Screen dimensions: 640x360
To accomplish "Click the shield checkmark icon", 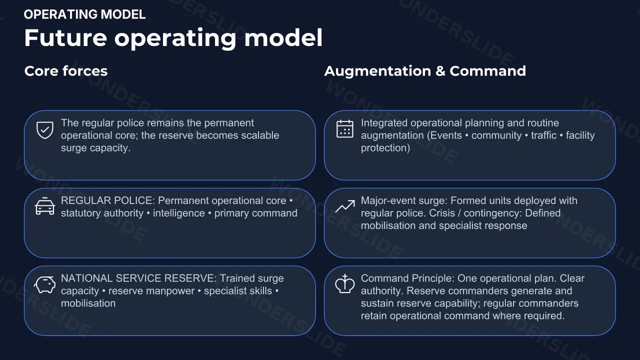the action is coord(45,130).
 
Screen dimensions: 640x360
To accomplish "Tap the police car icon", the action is coord(45,206).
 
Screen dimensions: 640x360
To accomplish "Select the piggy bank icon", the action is coord(45,284).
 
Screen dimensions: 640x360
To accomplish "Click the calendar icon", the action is coord(345,129).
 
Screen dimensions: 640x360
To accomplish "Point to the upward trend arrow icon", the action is coord(345,206).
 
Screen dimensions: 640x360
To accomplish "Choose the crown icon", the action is coord(345,283).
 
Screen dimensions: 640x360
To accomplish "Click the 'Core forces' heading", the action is coord(66,71).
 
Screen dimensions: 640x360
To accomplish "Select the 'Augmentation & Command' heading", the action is coord(425,71).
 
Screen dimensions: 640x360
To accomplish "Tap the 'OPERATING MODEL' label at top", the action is coord(85,14).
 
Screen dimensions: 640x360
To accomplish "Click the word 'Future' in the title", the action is coord(65,38).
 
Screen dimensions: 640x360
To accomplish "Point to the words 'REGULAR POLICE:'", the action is coord(108,200).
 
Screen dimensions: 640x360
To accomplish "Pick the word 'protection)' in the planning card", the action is coord(385,148).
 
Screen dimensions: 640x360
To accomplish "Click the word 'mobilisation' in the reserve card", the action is coord(88,303).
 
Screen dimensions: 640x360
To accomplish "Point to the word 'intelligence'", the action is coord(179,213).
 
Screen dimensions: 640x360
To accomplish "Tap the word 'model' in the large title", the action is coord(283,37).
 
